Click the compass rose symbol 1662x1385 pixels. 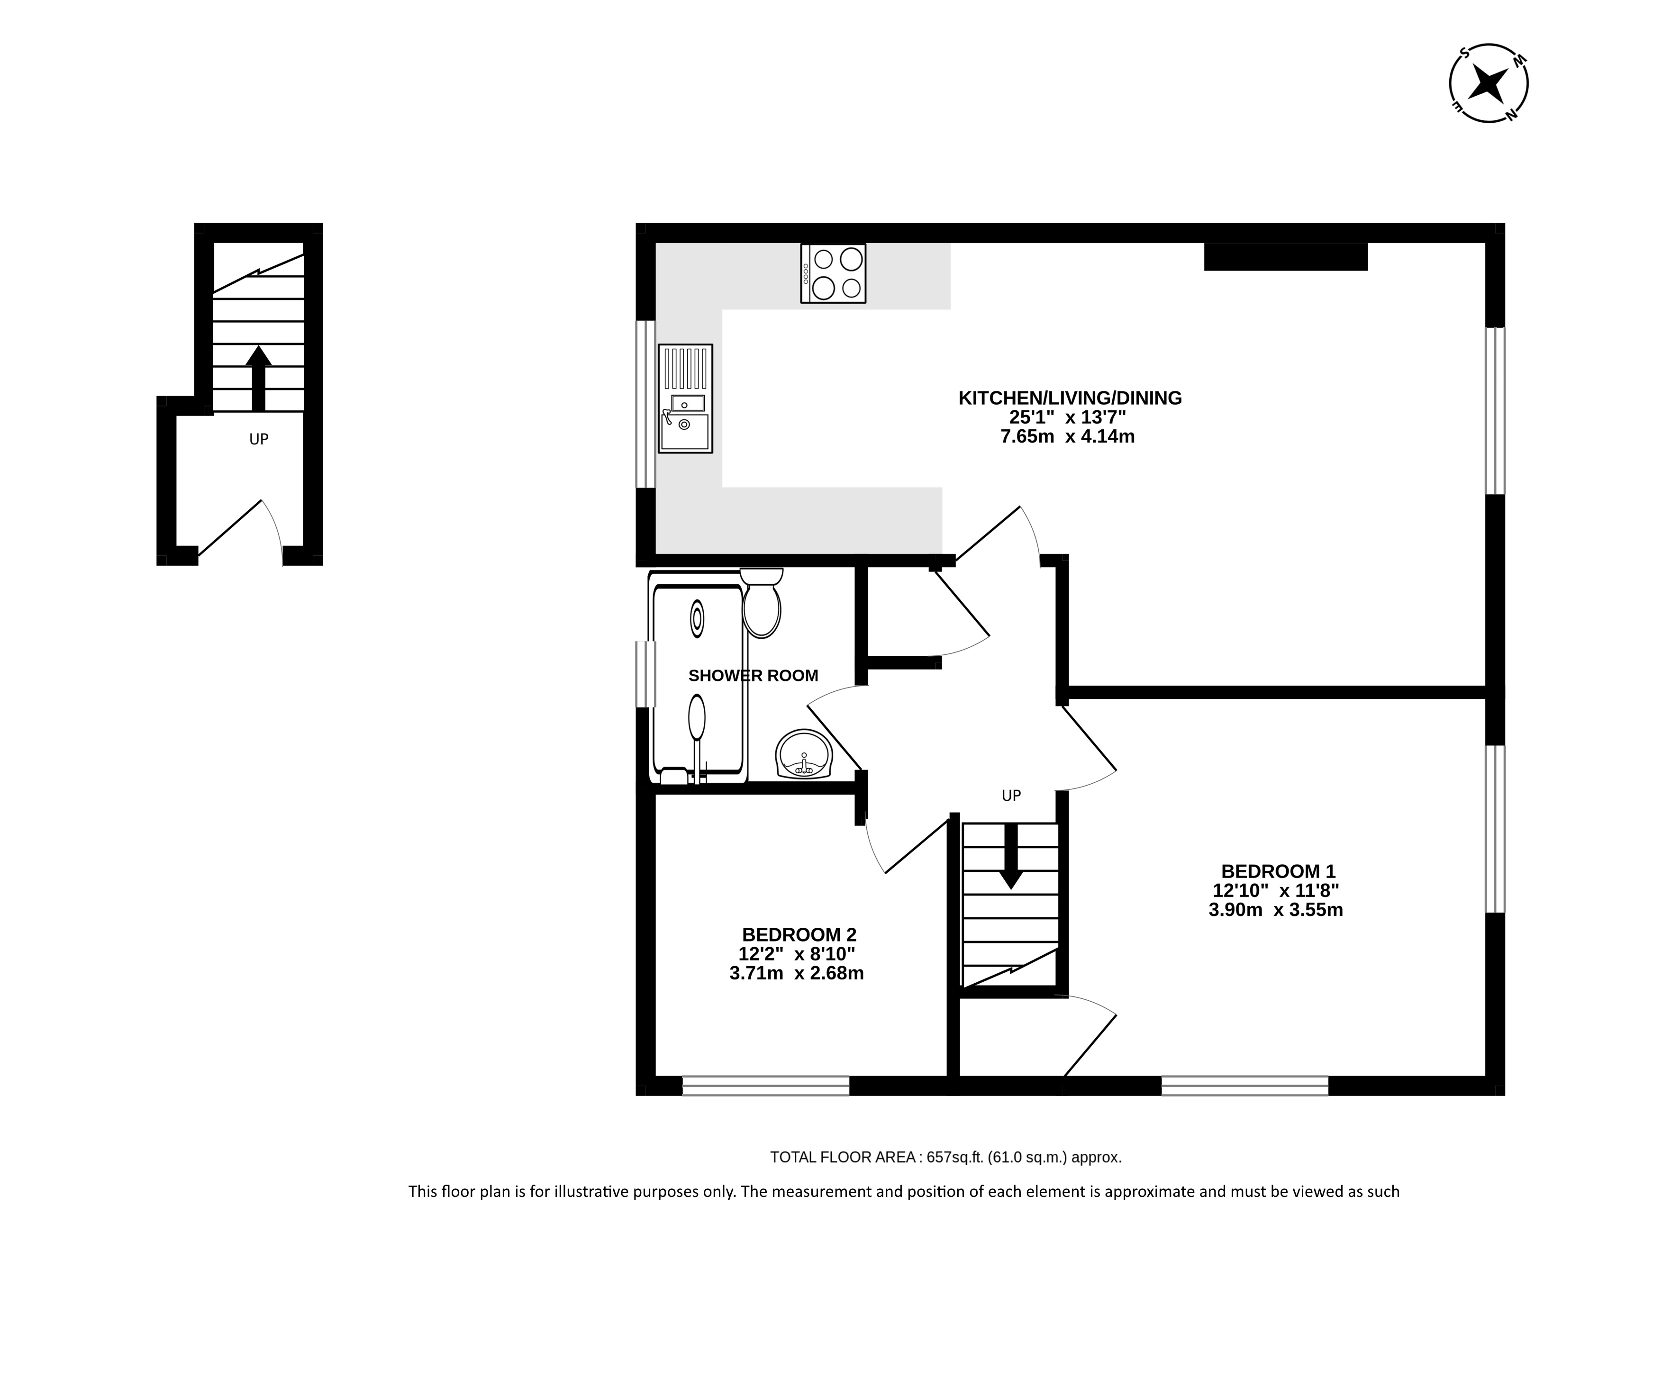(x=1488, y=83)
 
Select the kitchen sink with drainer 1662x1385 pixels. (x=685, y=398)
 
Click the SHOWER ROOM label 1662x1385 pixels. (x=753, y=676)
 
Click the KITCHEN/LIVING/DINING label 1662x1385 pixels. (x=1070, y=398)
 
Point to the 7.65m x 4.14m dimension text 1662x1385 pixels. (x=1068, y=436)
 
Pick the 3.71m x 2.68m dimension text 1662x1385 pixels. (x=796, y=973)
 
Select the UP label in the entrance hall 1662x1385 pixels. (x=259, y=439)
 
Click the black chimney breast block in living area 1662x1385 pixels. (x=1286, y=256)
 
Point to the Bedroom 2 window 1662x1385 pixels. (x=765, y=1086)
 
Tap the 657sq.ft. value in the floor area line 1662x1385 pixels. (x=955, y=1157)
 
